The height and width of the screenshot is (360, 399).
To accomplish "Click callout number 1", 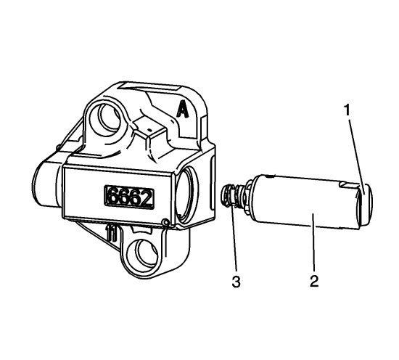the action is (347, 110).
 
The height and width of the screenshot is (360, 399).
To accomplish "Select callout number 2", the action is (314, 281).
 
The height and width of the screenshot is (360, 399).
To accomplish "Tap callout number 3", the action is (236, 282).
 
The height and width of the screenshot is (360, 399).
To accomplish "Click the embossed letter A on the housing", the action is (182, 109).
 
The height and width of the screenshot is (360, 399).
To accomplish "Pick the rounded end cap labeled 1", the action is (366, 204).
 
